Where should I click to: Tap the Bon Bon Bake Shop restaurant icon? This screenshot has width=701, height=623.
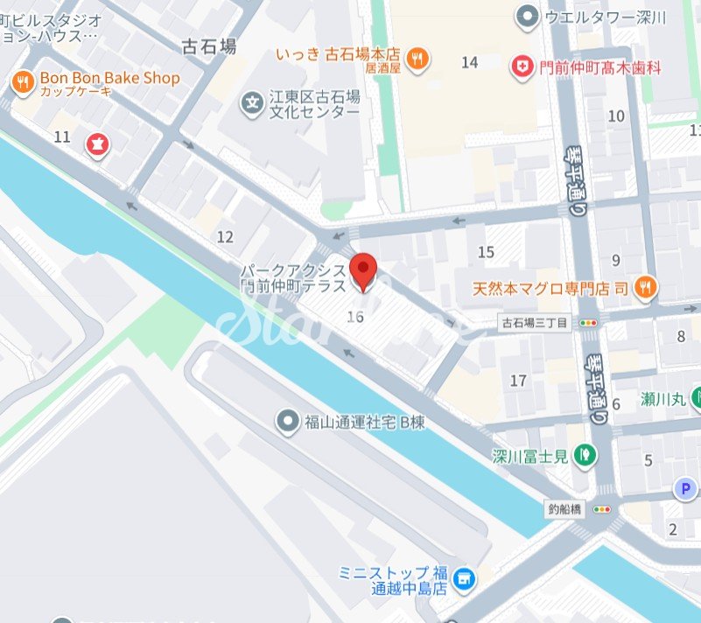point(22,83)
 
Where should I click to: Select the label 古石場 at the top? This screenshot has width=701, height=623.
point(208,46)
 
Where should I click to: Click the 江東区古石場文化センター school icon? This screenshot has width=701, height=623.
point(252,103)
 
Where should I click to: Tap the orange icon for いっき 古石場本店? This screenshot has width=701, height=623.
point(419,58)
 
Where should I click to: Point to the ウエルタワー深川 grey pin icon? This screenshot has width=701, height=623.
point(527,16)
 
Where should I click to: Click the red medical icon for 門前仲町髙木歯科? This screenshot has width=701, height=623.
point(524,66)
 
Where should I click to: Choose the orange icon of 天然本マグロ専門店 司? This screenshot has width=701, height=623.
point(645,286)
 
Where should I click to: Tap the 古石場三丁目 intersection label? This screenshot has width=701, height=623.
point(535,323)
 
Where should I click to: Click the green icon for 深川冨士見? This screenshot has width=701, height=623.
point(585,454)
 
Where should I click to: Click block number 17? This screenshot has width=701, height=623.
point(518,381)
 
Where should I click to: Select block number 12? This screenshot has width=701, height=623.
point(225,236)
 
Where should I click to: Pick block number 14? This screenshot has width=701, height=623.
point(470,61)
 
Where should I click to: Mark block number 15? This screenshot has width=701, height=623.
point(487,252)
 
